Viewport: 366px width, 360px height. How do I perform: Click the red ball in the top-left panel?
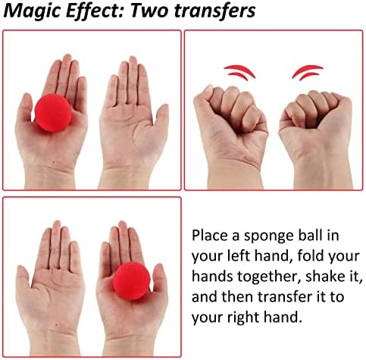coord(53,112)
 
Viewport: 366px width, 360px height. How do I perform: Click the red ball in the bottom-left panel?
coord(131,281)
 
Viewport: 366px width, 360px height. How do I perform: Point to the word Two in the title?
coord(149,11)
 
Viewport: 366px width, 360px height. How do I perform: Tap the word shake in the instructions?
coord(324,276)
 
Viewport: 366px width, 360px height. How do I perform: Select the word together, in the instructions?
coord(269,277)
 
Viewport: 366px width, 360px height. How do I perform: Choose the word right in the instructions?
coord(242,318)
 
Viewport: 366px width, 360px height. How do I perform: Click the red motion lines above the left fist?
coord(239,72)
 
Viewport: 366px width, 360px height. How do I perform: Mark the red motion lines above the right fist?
coord(308,72)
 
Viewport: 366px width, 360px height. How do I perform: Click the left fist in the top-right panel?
coord(231,127)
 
